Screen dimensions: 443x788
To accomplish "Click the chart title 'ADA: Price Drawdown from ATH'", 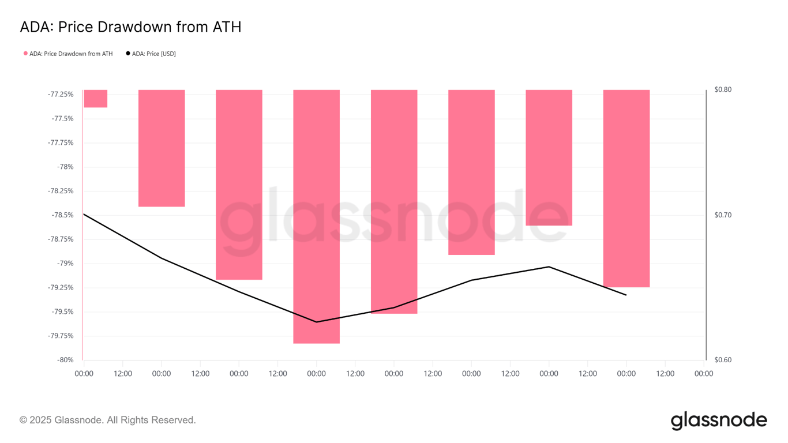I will click(x=130, y=27).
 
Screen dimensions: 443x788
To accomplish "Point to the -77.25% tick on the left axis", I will click(x=61, y=94).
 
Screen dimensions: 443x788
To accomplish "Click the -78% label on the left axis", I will click(x=65, y=167).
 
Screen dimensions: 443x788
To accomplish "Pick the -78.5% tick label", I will click(x=62, y=215).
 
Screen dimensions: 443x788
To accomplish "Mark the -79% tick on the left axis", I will click(x=65, y=264).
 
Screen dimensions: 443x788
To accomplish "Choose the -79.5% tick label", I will click(x=62, y=312).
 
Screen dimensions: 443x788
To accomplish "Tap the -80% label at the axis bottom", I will click(x=65, y=360).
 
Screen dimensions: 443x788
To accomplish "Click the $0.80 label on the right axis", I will click(x=723, y=89).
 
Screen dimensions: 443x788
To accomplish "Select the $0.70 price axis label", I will click(x=723, y=215).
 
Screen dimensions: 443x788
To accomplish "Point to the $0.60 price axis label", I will click(x=723, y=360).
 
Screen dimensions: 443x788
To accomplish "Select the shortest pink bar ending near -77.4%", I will click(x=95, y=99).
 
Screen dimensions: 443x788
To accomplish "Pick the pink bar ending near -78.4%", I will click(x=162, y=148).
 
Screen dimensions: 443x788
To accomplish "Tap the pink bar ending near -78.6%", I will click(x=549, y=157).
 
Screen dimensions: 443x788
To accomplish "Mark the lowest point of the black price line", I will click(x=316, y=322).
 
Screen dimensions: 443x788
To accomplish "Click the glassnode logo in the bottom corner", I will click(x=719, y=421).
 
